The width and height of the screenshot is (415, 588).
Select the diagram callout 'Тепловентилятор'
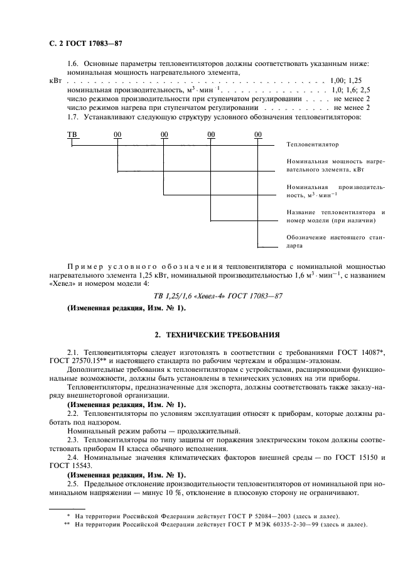[x=312, y=144]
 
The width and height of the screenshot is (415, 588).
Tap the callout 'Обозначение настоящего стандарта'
[x=335, y=242]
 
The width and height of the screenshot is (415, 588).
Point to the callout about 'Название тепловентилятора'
[x=335, y=216]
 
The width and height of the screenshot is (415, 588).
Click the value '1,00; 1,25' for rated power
[x=345, y=81]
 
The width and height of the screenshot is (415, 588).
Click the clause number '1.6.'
[x=73, y=63]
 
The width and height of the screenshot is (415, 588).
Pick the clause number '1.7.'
[x=73, y=117]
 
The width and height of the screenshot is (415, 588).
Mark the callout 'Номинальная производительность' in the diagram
[x=335, y=191]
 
